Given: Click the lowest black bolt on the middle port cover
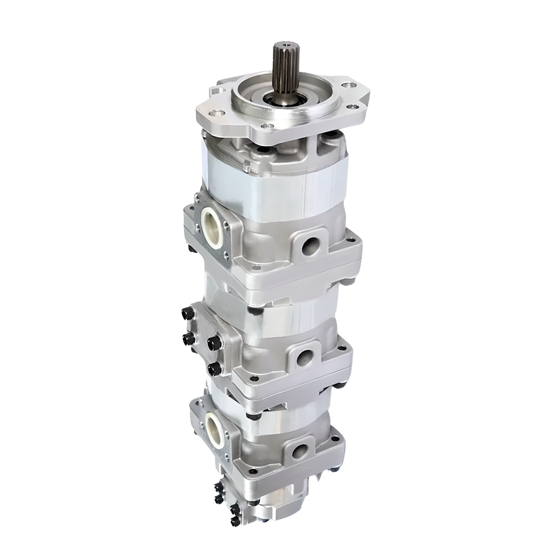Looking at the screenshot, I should [214, 369].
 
